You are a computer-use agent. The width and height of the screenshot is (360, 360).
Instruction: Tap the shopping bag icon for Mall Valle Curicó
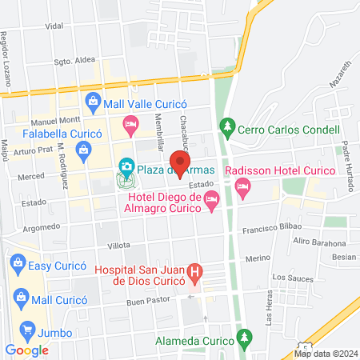(x=94, y=101)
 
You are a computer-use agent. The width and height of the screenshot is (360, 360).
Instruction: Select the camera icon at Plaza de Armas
(x=126, y=166)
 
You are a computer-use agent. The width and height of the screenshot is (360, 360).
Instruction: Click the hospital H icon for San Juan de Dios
(x=194, y=274)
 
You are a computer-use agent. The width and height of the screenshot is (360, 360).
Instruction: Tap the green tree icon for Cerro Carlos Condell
(x=229, y=128)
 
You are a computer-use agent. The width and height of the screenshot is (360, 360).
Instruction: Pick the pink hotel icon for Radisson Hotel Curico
(x=244, y=188)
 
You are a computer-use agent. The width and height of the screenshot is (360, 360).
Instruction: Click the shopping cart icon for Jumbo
(x=29, y=330)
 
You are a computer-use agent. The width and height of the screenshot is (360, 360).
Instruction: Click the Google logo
(x=27, y=350)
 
